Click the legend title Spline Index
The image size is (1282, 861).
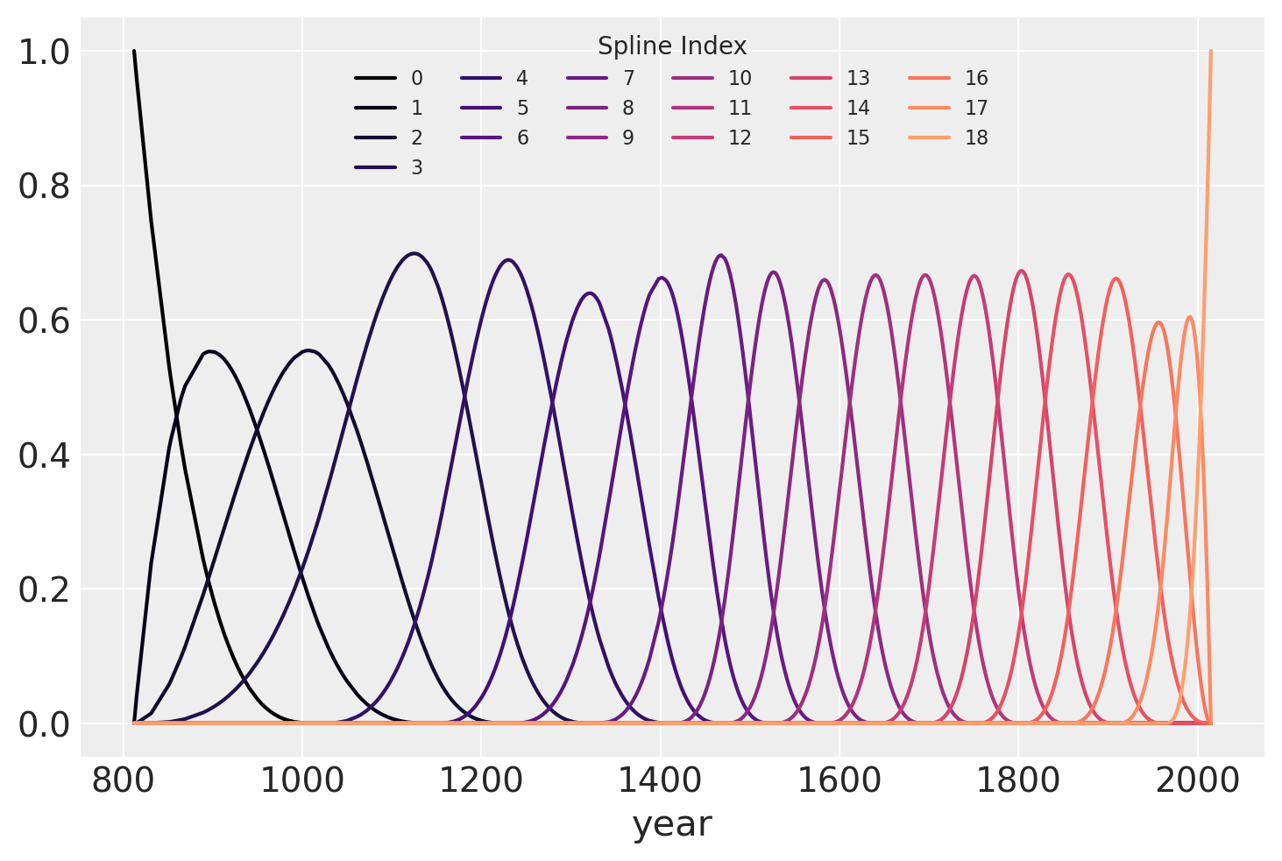671,46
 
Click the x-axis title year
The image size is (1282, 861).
672,825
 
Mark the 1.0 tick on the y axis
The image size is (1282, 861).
43,53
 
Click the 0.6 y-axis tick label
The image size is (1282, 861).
43,321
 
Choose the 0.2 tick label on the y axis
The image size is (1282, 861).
43,590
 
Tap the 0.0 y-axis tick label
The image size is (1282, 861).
43,725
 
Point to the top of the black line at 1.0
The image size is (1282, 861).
134,51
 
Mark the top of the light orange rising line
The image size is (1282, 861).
1210,51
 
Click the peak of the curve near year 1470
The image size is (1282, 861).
720,255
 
